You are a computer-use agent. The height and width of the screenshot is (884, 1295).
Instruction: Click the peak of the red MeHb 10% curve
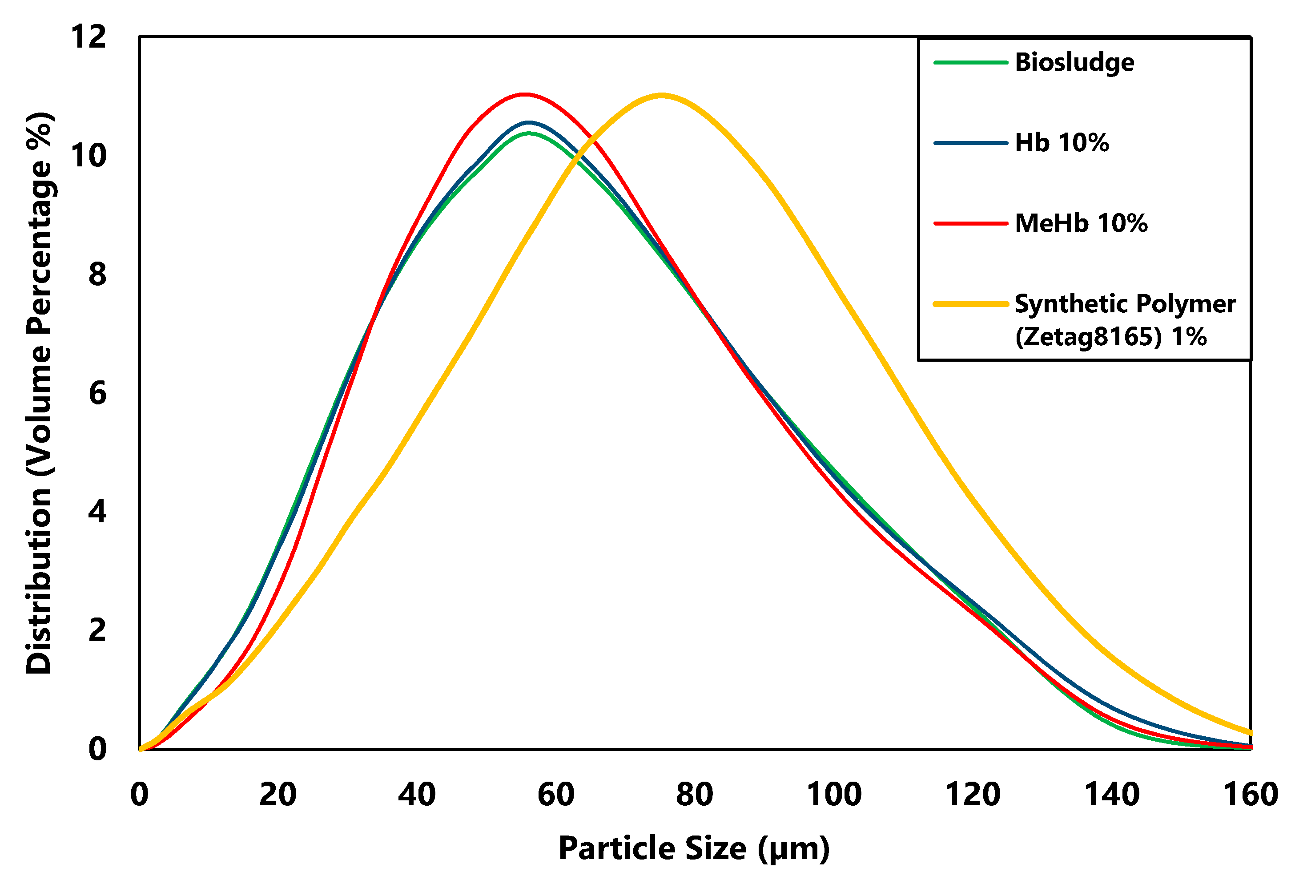click(x=524, y=94)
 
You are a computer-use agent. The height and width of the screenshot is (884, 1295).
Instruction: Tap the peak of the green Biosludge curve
click(x=529, y=133)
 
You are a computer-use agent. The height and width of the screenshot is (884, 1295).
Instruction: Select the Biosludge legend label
click(x=1074, y=62)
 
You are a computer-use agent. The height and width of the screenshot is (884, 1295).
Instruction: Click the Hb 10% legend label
click(x=1062, y=143)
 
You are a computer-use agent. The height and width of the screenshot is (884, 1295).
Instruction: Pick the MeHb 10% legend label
click(x=1081, y=223)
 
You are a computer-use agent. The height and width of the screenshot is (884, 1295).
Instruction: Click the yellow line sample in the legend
click(x=971, y=304)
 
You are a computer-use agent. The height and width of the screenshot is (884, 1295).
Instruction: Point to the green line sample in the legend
click(x=971, y=62)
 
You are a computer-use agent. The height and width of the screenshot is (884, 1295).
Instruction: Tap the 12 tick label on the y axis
click(x=88, y=37)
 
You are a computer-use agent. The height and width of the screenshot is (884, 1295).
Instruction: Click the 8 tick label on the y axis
click(x=97, y=275)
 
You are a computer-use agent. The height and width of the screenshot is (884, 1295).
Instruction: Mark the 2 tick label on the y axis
click(x=97, y=630)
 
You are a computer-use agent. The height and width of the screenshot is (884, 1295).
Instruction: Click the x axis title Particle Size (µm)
click(x=694, y=848)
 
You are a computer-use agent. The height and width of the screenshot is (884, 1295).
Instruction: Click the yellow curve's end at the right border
click(x=1250, y=732)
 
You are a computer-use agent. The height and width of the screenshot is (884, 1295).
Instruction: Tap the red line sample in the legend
click(x=971, y=223)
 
